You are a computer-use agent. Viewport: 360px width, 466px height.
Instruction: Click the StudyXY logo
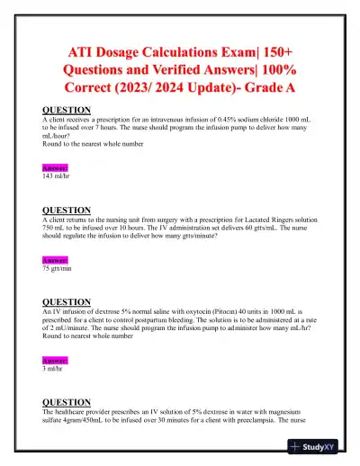(321, 445)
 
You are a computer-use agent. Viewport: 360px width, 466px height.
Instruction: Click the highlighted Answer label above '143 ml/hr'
(55, 168)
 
